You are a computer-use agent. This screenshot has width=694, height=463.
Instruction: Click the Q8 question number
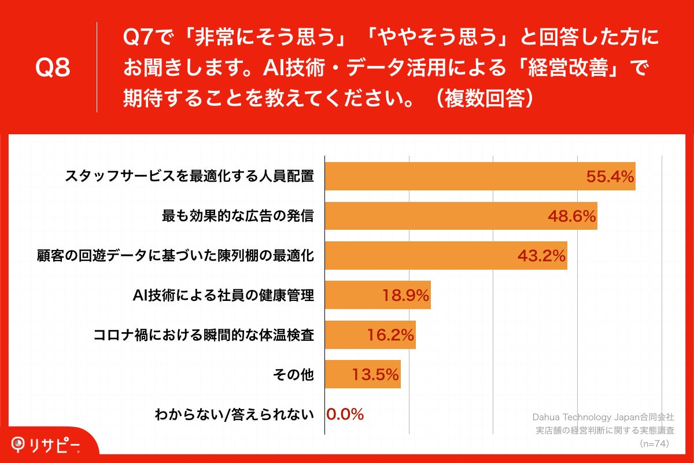click(53, 68)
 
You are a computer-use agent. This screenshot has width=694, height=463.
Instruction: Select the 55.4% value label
click(610, 177)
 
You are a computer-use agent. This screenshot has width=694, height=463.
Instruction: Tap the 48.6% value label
click(571, 216)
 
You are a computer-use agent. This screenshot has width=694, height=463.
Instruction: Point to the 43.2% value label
click(541, 256)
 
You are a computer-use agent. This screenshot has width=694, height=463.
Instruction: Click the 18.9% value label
click(405, 296)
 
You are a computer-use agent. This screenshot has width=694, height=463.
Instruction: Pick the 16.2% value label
click(390, 335)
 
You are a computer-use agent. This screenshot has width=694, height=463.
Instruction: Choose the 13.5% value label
click(375, 374)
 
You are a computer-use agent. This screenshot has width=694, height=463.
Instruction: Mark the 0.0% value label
click(345, 414)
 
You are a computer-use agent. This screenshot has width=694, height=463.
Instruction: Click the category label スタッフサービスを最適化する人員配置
click(190, 177)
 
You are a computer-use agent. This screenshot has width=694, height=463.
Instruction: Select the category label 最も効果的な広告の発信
click(238, 216)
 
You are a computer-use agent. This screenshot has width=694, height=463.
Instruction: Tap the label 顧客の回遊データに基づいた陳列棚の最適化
click(175, 256)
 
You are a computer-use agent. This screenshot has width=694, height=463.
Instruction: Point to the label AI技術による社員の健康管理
click(223, 296)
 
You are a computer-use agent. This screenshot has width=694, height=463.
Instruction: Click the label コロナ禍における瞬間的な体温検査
click(204, 335)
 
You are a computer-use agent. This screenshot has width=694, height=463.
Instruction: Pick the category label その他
click(293, 374)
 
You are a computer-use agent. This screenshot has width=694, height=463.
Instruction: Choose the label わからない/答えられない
click(234, 414)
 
